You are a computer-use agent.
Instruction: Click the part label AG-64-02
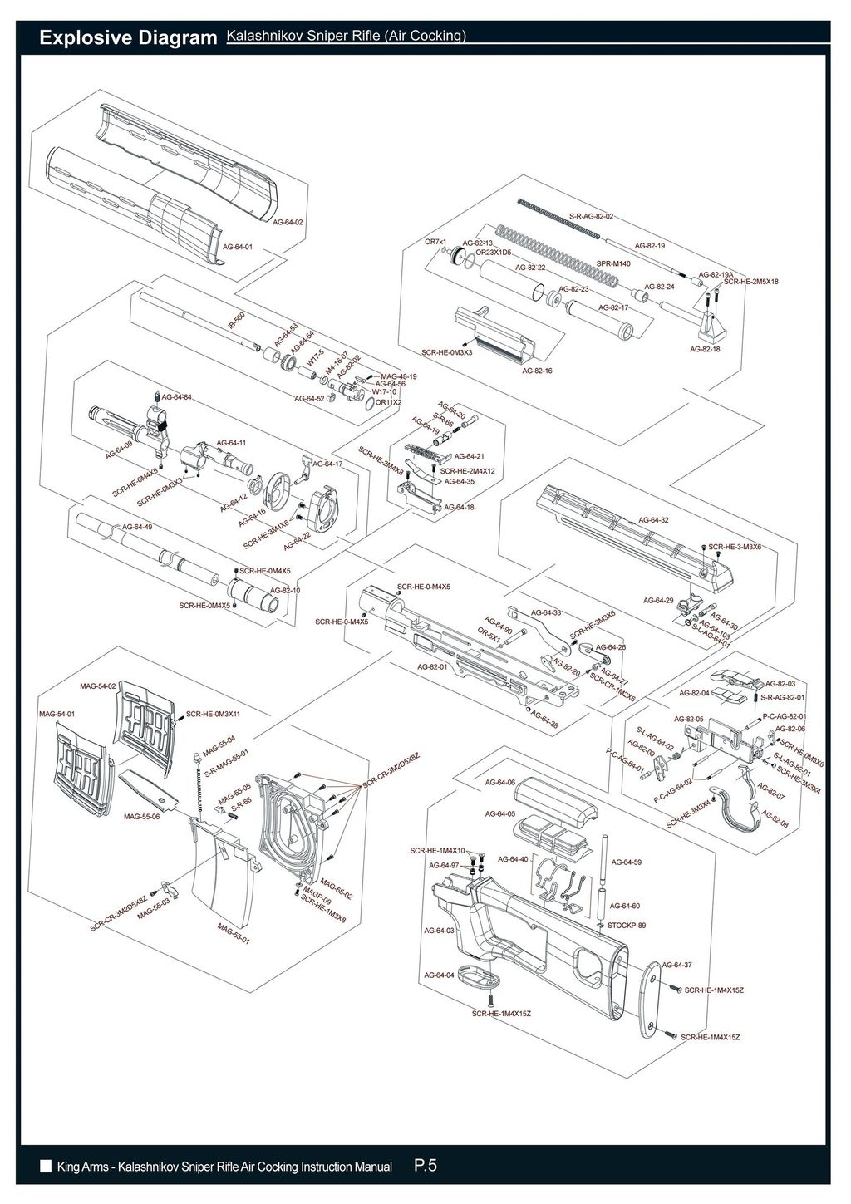(288, 223)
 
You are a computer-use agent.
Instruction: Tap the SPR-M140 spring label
(613, 263)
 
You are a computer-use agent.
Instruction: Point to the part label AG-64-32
(654, 520)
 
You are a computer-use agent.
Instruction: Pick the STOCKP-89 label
(627, 925)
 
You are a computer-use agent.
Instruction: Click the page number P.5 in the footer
(425, 1166)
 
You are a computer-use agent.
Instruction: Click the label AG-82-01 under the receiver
(432, 666)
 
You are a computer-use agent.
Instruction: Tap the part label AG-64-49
(137, 527)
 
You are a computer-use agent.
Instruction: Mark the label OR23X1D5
(493, 251)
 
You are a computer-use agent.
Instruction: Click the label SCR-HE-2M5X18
(751, 282)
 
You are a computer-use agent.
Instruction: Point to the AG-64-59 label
(626, 862)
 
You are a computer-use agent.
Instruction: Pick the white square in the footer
(46, 1167)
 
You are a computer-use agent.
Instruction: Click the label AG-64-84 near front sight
(177, 398)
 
